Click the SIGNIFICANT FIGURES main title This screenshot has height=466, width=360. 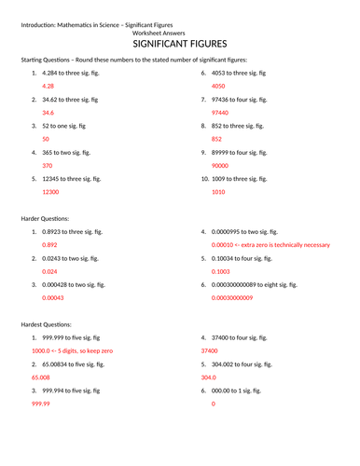tap(180, 43)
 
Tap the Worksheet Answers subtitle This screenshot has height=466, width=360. tap(180, 31)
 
